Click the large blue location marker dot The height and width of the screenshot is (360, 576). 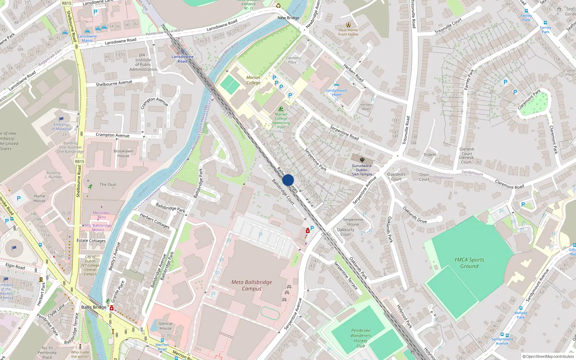[x=288, y=180]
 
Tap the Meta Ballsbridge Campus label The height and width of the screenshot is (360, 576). [x=252, y=285]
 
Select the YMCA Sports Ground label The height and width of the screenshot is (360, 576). [x=469, y=263]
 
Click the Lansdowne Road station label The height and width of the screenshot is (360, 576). [x=183, y=59]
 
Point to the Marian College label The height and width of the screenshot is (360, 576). [x=253, y=80]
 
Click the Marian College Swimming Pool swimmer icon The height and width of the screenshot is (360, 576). [x=281, y=109]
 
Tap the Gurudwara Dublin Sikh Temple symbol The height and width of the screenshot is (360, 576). [x=362, y=159]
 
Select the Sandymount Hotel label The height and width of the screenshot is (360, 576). [x=337, y=93]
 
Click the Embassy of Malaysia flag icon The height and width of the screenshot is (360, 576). [x=61, y=119]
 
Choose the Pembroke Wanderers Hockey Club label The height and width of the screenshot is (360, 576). [x=361, y=338]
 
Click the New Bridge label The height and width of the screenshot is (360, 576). [x=288, y=18]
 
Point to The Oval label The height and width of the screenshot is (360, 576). [x=108, y=184]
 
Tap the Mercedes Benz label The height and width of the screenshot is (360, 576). [x=102, y=215]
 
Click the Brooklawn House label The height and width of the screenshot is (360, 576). [x=123, y=153]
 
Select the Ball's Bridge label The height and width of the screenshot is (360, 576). [x=94, y=307]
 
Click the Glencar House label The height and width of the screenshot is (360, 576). [x=166, y=326]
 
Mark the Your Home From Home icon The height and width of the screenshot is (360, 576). [x=348, y=25]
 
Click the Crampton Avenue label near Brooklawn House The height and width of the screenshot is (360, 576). [x=112, y=135]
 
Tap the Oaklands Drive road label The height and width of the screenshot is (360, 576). [x=415, y=215]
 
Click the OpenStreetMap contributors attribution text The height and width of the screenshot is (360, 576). [x=548, y=356]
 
